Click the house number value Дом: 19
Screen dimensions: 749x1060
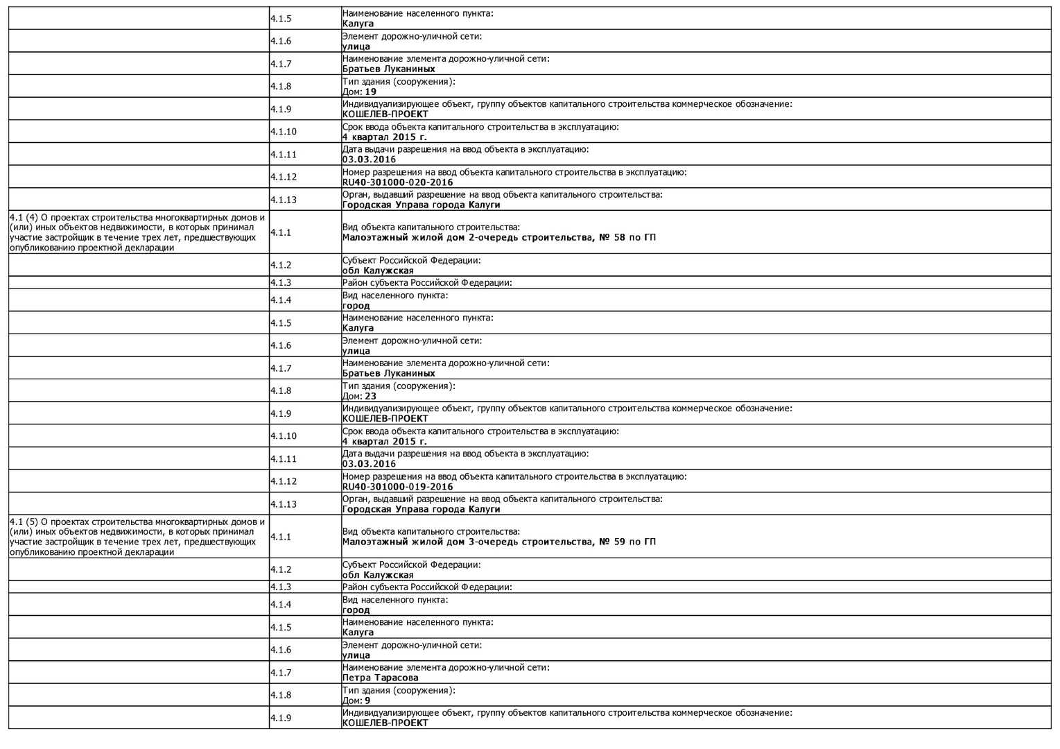(360, 92)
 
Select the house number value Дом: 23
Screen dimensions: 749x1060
(360, 396)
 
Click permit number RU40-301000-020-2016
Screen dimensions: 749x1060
(397, 182)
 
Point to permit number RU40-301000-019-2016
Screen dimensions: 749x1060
(397, 487)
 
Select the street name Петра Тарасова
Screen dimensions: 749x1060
(380, 678)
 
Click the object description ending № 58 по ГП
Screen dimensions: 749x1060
(498, 237)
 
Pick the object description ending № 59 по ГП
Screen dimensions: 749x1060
(498, 542)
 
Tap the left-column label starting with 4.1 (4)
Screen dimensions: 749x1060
(138, 232)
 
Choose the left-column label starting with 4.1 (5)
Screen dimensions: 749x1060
(138, 537)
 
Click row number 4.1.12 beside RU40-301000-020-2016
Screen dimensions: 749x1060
(284, 177)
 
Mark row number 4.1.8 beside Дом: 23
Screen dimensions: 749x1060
(281, 390)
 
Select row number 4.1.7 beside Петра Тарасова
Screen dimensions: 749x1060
(281, 673)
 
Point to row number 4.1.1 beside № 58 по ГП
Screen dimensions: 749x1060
(281, 232)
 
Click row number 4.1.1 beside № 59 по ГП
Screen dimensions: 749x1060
(281, 537)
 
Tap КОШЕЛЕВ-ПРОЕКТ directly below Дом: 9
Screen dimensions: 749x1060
(385, 723)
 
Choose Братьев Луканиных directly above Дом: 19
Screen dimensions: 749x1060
(388, 69)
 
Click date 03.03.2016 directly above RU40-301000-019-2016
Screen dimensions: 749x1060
(369, 464)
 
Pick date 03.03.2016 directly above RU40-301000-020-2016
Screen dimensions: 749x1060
(369, 160)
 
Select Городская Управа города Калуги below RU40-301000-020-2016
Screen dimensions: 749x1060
(421, 205)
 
